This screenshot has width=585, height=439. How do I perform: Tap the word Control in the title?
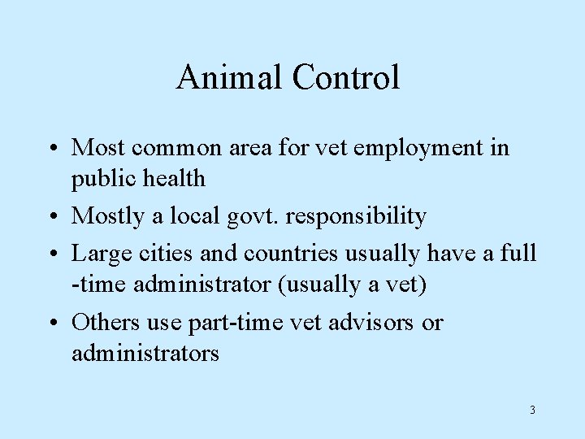[x=347, y=78]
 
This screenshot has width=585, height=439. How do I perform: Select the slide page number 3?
[x=532, y=410]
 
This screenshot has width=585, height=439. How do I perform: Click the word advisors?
[x=372, y=323]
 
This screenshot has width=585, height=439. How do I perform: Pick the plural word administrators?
[x=145, y=354]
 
